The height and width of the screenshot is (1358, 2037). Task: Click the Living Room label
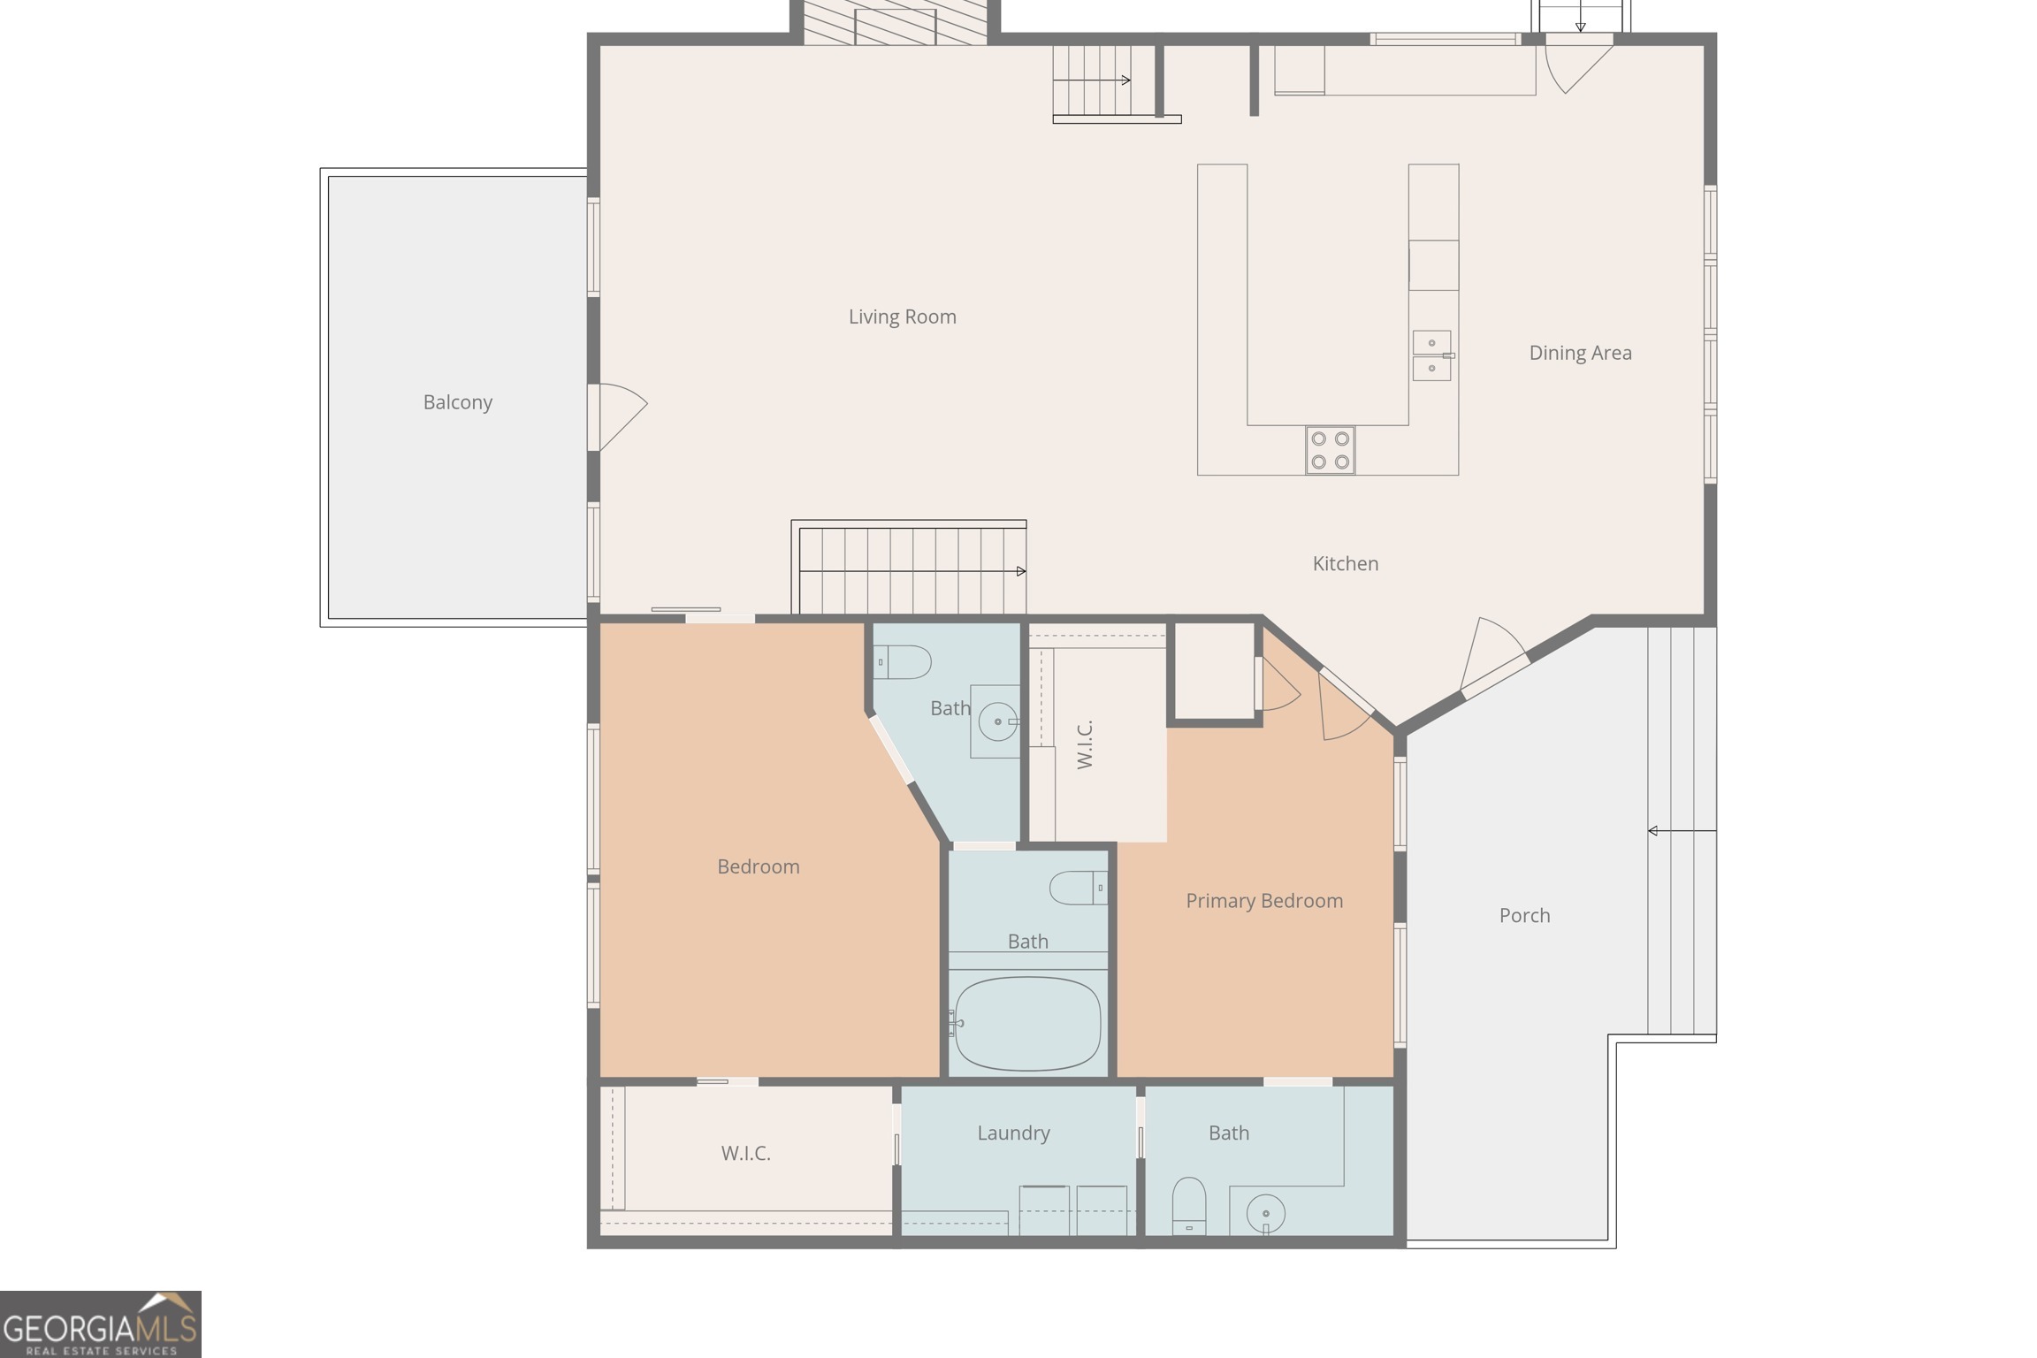(x=902, y=317)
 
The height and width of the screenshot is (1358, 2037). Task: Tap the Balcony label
(x=457, y=402)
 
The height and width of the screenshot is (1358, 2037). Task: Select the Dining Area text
(x=1580, y=353)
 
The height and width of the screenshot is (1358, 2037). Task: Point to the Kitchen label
(x=1345, y=563)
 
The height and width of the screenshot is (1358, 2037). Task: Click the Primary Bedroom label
(x=1264, y=901)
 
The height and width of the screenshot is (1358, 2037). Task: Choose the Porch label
(x=1524, y=915)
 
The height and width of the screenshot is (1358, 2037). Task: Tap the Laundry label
(x=1013, y=1133)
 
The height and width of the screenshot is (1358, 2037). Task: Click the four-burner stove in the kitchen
(x=1330, y=450)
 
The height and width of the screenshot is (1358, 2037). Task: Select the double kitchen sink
(x=1432, y=355)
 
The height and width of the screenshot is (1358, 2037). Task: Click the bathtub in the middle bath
(x=1027, y=1023)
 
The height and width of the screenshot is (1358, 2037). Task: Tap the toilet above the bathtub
(x=1079, y=888)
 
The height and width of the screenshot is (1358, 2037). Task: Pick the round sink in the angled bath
(x=998, y=721)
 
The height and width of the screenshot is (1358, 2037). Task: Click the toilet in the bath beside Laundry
(x=1189, y=1204)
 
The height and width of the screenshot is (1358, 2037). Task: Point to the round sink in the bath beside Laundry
(x=1265, y=1214)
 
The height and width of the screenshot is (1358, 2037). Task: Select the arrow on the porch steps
(x=1682, y=831)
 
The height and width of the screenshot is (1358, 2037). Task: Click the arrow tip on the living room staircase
(x=1025, y=571)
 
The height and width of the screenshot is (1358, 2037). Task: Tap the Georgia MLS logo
(x=100, y=1324)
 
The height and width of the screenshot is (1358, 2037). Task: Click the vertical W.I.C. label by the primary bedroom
(x=1086, y=744)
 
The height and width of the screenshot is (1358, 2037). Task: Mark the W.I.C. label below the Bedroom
(x=745, y=1153)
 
